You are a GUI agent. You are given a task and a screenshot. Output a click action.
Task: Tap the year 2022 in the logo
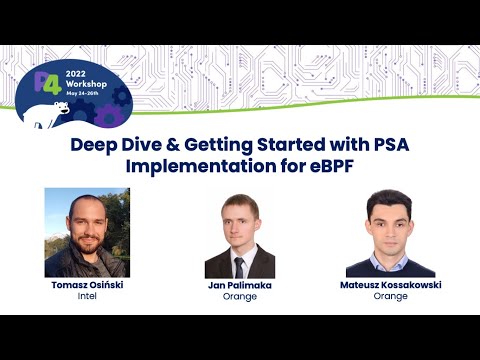[79, 73]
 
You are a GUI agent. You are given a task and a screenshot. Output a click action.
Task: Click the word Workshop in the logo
[88, 86]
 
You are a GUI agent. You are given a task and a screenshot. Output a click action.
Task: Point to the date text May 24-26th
[88, 97]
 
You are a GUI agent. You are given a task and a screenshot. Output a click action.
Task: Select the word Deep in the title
[96, 145]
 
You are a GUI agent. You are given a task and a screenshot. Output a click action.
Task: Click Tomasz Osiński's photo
[87, 232]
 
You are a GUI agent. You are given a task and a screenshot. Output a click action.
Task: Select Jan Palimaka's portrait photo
[239, 235]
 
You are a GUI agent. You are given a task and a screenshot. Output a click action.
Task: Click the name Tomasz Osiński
[86, 285]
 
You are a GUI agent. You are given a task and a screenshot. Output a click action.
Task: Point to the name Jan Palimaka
[239, 285]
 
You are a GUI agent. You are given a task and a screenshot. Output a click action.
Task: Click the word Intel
[86, 296]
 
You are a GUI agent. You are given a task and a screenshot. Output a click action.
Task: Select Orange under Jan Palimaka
[239, 296]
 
